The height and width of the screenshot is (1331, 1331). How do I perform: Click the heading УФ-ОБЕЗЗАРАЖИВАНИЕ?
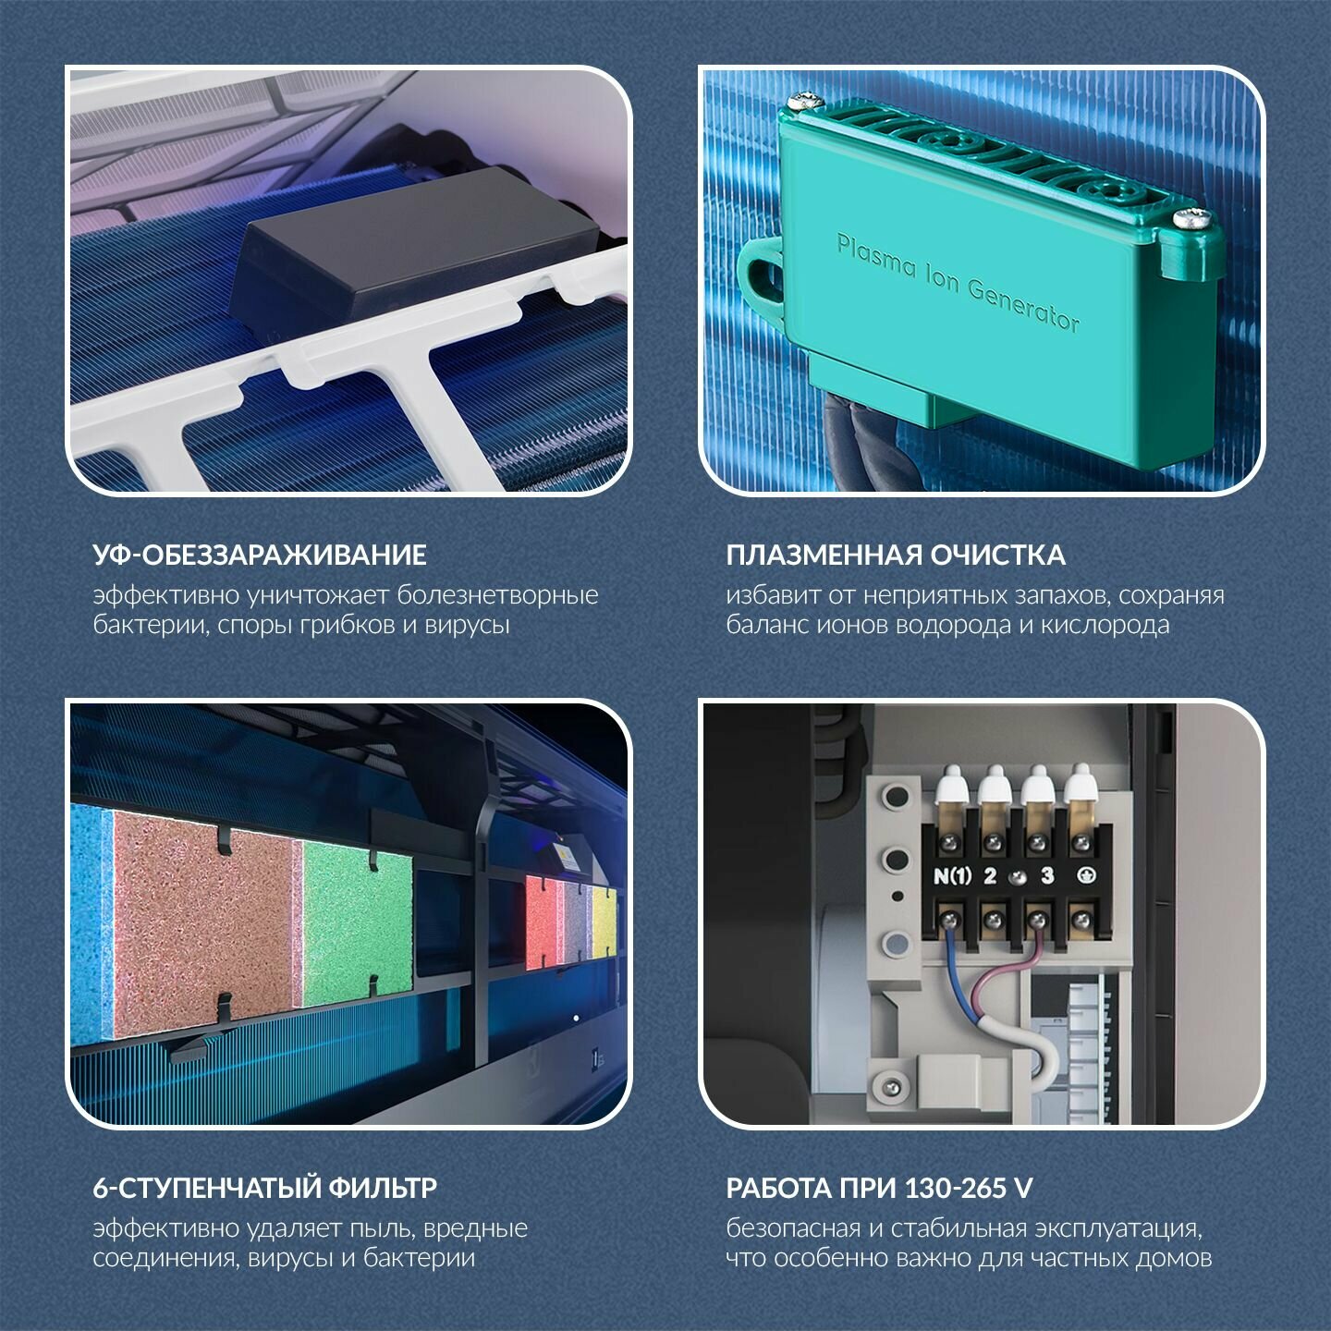click(x=260, y=556)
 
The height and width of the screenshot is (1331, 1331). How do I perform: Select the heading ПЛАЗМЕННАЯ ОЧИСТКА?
click(x=896, y=556)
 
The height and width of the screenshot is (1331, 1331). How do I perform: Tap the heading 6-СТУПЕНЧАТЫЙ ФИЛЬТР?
click(x=265, y=1188)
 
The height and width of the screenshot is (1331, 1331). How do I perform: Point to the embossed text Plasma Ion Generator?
click(x=958, y=283)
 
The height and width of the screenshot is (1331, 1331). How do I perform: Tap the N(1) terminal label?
click(x=952, y=876)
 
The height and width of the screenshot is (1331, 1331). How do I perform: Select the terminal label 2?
click(x=990, y=876)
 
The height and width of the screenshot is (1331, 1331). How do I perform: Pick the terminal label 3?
click(x=1048, y=876)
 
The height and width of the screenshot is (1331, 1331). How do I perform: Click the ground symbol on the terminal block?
click(x=1087, y=876)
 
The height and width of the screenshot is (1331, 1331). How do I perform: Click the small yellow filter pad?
click(x=604, y=923)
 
